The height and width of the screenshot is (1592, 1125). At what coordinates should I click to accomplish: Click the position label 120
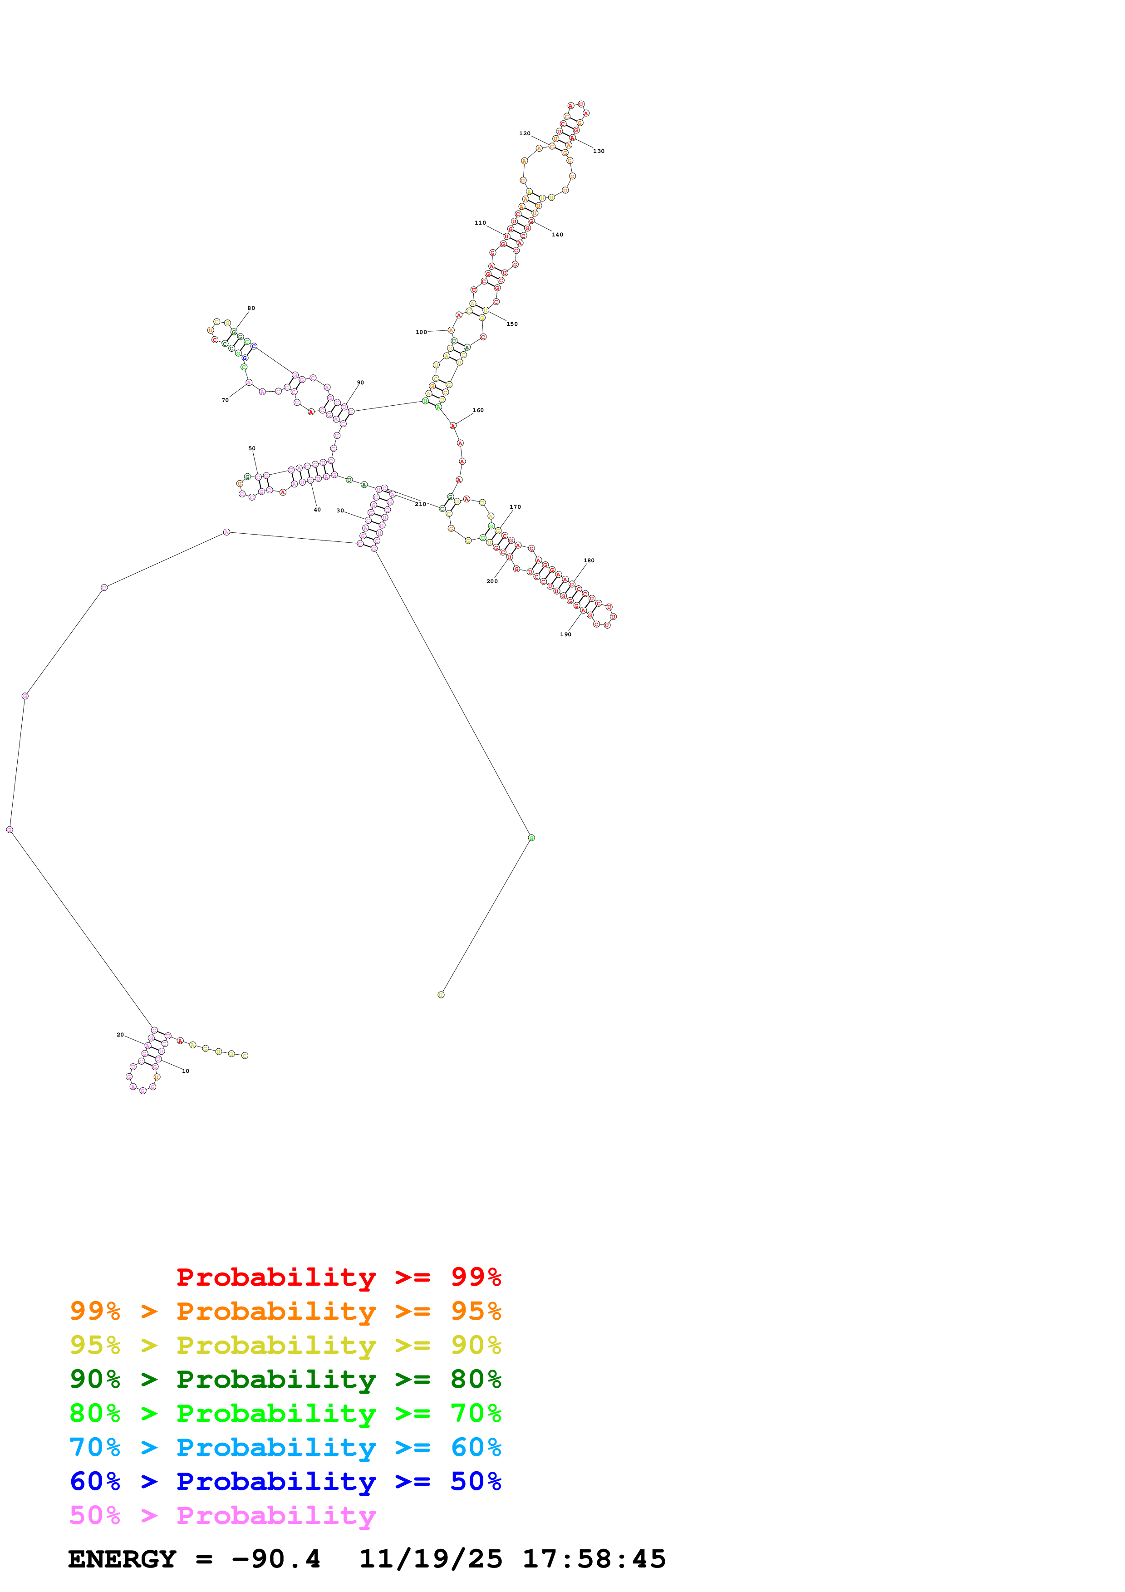click(x=525, y=133)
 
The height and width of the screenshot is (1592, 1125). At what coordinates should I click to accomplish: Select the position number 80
click(x=251, y=308)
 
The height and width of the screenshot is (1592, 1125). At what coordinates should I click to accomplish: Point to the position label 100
click(x=421, y=332)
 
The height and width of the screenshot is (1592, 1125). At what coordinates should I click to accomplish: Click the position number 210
click(x=420, y=504)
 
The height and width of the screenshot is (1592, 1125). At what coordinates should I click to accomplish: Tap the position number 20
click(x=120, y=1035)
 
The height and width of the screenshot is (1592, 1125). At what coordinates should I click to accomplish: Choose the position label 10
click(x=185, y=1071)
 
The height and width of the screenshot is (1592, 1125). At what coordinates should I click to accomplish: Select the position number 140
click(x=557, y=234)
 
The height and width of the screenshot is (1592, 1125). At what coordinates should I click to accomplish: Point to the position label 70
click(x=225, y=400)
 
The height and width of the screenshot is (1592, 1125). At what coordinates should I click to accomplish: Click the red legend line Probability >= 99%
click(x=338, y=1277)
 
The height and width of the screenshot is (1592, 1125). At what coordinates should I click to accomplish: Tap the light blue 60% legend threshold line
click(x=285, y=1447)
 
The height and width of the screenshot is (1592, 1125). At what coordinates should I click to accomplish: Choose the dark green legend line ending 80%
click(x=285, y=1379)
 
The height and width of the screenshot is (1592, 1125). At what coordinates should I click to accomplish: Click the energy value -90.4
click(x=276, y=1559)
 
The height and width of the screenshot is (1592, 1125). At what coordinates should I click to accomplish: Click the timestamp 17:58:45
click(x=594, y=1559)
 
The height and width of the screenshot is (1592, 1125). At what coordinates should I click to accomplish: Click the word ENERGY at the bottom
click(x=122, y=1559)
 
